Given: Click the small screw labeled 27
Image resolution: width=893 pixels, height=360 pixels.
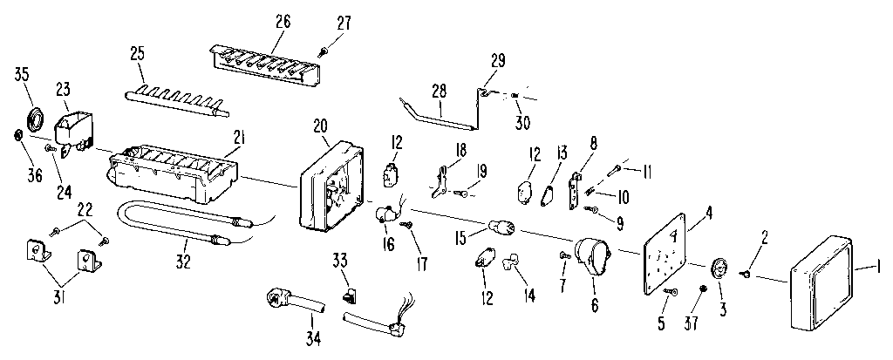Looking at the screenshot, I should click(324, 49).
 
